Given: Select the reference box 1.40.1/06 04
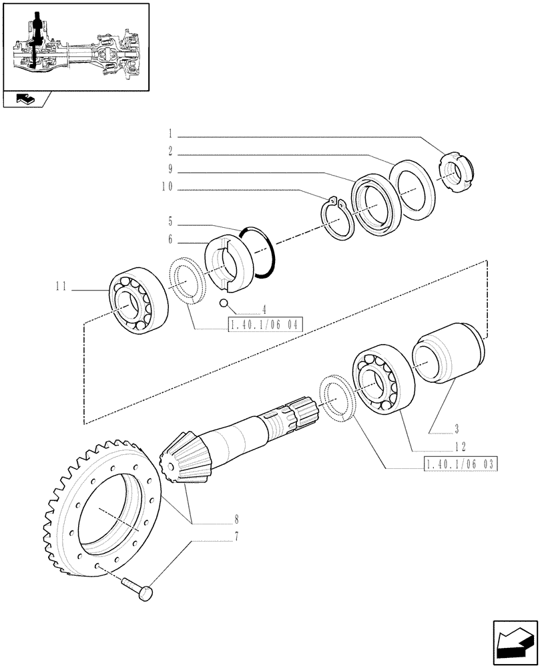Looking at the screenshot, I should click(x=265, y=326).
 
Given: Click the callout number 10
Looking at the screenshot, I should click(x=166, y=188).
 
